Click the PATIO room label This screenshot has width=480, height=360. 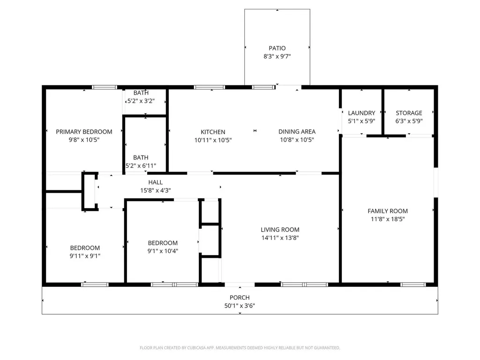pyautogui.click(x=277, y=48)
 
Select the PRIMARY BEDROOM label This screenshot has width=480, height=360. pyautogui.click(x=84, y=132)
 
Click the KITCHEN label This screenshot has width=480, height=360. pyautogui.click(x=213, y=132)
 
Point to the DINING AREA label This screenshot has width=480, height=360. pyautogui.click(x=297, y=132)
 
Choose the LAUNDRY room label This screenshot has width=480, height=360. pyautogui.click(x=361, y=113)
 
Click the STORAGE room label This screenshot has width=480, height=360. pyautogui.click(x=409, y=113)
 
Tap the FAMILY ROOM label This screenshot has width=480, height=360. pyautogui.click(x=388, y=211)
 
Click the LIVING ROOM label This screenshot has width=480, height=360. pyautogui.click(x=280, y=230)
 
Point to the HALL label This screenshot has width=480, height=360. pyautogui.click(x=156, y=182)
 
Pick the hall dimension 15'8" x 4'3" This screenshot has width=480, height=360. pyautogui.click(x=156, y=190)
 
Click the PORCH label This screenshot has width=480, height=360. pyautogui.click(x=240, y=298)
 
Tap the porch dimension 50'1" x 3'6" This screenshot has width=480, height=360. pyautogui.click(x=240, y=306)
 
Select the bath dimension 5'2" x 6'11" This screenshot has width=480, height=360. pyautogui.click(x=141, y=165)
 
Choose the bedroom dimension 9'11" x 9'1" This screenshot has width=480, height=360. pyautogui.click(x=85, y=256)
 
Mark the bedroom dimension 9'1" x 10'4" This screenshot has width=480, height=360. pyautogui.click(x=163, y=251)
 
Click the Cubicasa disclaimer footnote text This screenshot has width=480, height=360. pyautogui.click(x=240, y=348)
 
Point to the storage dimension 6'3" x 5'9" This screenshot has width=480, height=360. pyautogui.click(x=409, y=121)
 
